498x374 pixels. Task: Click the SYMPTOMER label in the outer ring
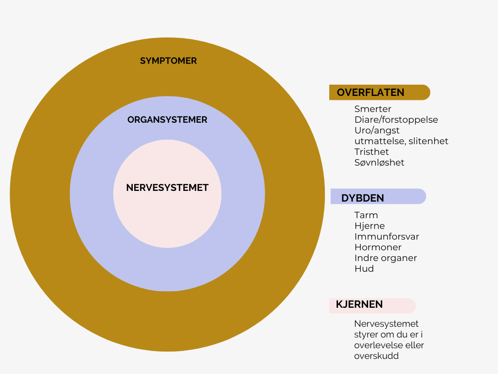168,61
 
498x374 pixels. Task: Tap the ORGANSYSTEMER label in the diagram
167,119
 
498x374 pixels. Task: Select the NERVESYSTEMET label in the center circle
167,187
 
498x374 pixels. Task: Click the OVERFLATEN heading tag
371,93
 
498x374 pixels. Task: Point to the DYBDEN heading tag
363,198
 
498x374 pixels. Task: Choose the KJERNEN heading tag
359,305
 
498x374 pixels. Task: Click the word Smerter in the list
373,109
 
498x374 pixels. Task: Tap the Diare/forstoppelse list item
396,120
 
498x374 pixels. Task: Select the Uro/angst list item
377,131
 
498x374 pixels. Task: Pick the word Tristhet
372,152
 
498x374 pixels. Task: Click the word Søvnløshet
379,163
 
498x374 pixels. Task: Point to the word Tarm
366,215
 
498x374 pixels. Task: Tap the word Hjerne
370,226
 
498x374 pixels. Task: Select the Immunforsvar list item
387,237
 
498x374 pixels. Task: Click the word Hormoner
378,247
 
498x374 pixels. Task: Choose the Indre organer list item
386,258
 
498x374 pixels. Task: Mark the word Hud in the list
364,269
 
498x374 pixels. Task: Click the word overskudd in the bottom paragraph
376,356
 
